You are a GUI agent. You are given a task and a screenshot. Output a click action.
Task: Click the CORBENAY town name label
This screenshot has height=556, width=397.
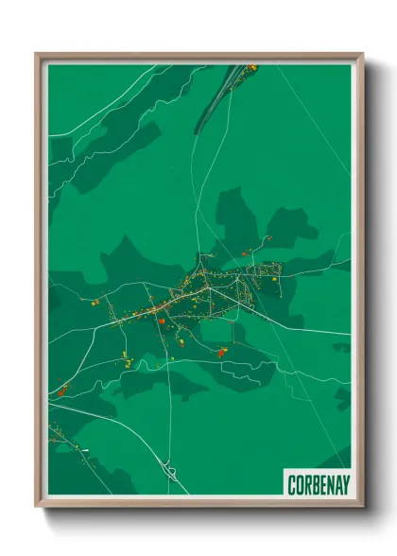(318, 484)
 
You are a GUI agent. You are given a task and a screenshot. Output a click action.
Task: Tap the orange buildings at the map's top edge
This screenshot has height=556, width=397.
(251, 67)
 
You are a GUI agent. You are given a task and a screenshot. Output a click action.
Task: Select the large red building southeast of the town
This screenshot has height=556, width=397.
(221, 352)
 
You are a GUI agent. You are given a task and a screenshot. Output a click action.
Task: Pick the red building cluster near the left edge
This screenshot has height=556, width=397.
(62, 389)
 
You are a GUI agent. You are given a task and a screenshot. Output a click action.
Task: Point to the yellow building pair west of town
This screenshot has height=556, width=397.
(95, 304)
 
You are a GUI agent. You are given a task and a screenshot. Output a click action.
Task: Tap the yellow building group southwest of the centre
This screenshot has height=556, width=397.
(126, 357)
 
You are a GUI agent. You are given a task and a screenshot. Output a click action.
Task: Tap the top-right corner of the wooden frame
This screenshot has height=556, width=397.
(362, 55)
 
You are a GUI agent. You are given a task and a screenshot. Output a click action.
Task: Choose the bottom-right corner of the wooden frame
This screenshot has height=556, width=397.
(362, 505)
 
